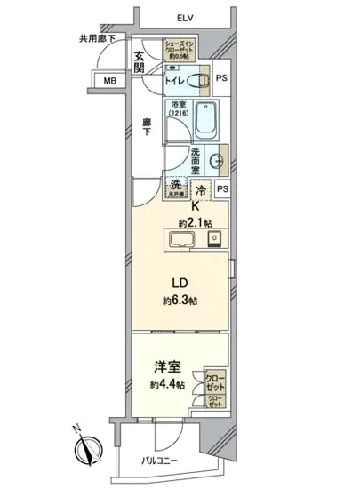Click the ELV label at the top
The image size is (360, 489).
tap(185, 17)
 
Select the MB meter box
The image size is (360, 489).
tap(111, 81)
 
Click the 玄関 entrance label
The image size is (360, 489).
tap(140, 64)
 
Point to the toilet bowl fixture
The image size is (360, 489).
tap(203, 81)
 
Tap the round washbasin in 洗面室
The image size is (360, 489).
tap(215, 163)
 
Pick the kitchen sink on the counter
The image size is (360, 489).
tap(183, 240)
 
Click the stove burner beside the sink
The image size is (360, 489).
tap(214, 239)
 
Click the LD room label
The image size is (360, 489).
tap(180, 284)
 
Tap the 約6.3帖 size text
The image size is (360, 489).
tap(180, 301)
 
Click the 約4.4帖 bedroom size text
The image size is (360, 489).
tap(167, 384)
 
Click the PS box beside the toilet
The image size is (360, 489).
tap(221, 76)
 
